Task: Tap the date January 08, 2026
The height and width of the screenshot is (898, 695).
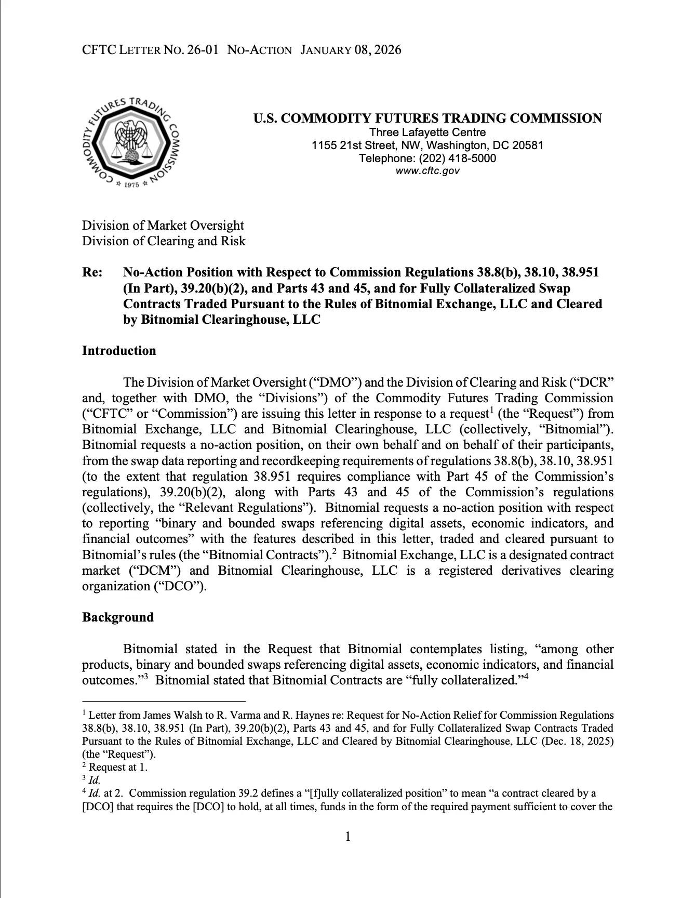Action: [351, 50]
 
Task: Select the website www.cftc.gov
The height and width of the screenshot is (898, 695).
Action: [427, 171]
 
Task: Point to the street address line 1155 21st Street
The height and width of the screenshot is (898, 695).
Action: [427, 145]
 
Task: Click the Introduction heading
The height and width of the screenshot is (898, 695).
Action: [119, 351]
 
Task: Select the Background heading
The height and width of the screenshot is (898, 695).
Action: [118, 617]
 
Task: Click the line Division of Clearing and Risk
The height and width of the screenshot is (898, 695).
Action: [164, 241]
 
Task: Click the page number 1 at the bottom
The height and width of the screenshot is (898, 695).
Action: [347, 836]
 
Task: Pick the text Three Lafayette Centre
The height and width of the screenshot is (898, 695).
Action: [427, 132]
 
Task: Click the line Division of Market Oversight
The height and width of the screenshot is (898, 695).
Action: [163, 226]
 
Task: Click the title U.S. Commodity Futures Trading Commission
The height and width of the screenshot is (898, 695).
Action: [427, 118]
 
